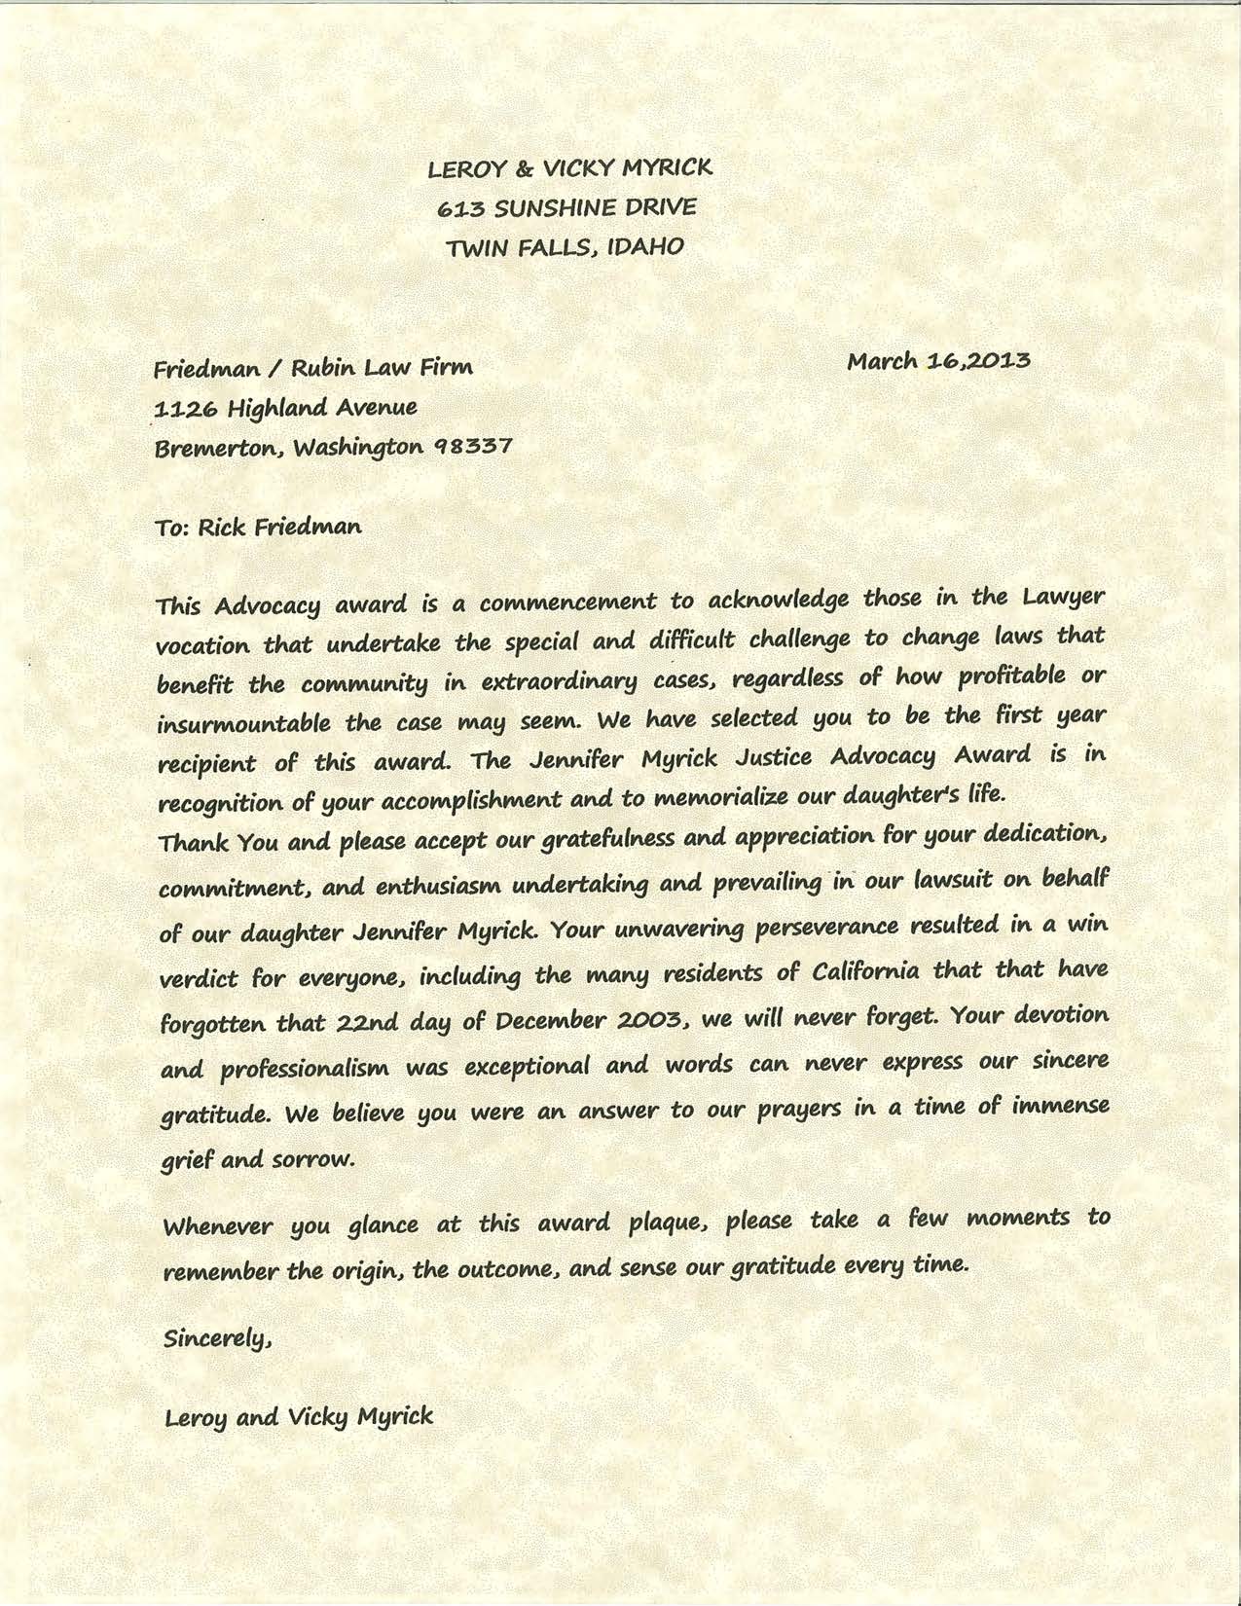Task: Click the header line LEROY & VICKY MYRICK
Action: click(x=570, y=169)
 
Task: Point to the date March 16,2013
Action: click(x=938, y=361)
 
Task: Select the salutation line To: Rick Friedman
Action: click(x=258, y=528)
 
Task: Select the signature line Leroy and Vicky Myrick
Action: click(x=299, y=1416)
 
